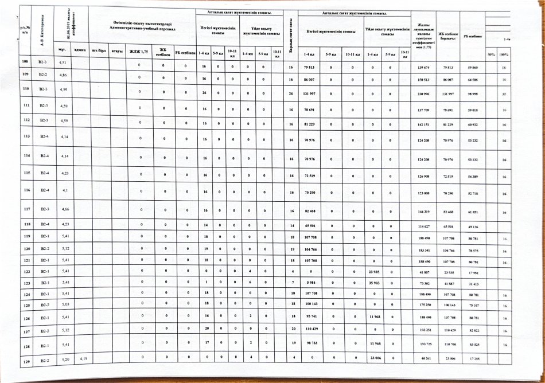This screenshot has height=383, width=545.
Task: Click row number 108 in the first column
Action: [x=25, y=61]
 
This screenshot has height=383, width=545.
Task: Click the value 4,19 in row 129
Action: [x=83, y=358]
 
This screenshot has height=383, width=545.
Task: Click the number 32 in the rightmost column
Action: [x=503, y=94]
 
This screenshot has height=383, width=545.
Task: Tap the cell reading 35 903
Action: [x=375, y=284]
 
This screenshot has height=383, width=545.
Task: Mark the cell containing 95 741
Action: [x=309, y=316]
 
